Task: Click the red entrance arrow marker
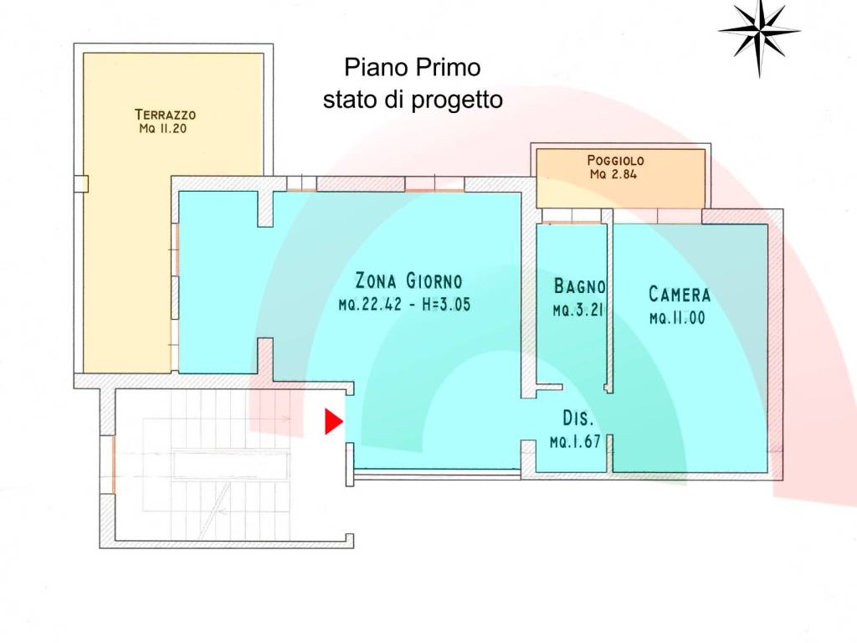coord(333,422)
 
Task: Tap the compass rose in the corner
coord(759,31)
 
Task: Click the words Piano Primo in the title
coord(413,67)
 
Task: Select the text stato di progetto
coord(413,100)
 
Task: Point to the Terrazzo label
coord(165,115)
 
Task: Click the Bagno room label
coord(579,286)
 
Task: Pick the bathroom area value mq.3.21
coord(578,311)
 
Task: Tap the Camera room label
coord(679,295)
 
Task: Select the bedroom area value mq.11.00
coord(679,319)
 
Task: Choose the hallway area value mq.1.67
coord(575,442)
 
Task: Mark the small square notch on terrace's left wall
coord(80,183)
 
